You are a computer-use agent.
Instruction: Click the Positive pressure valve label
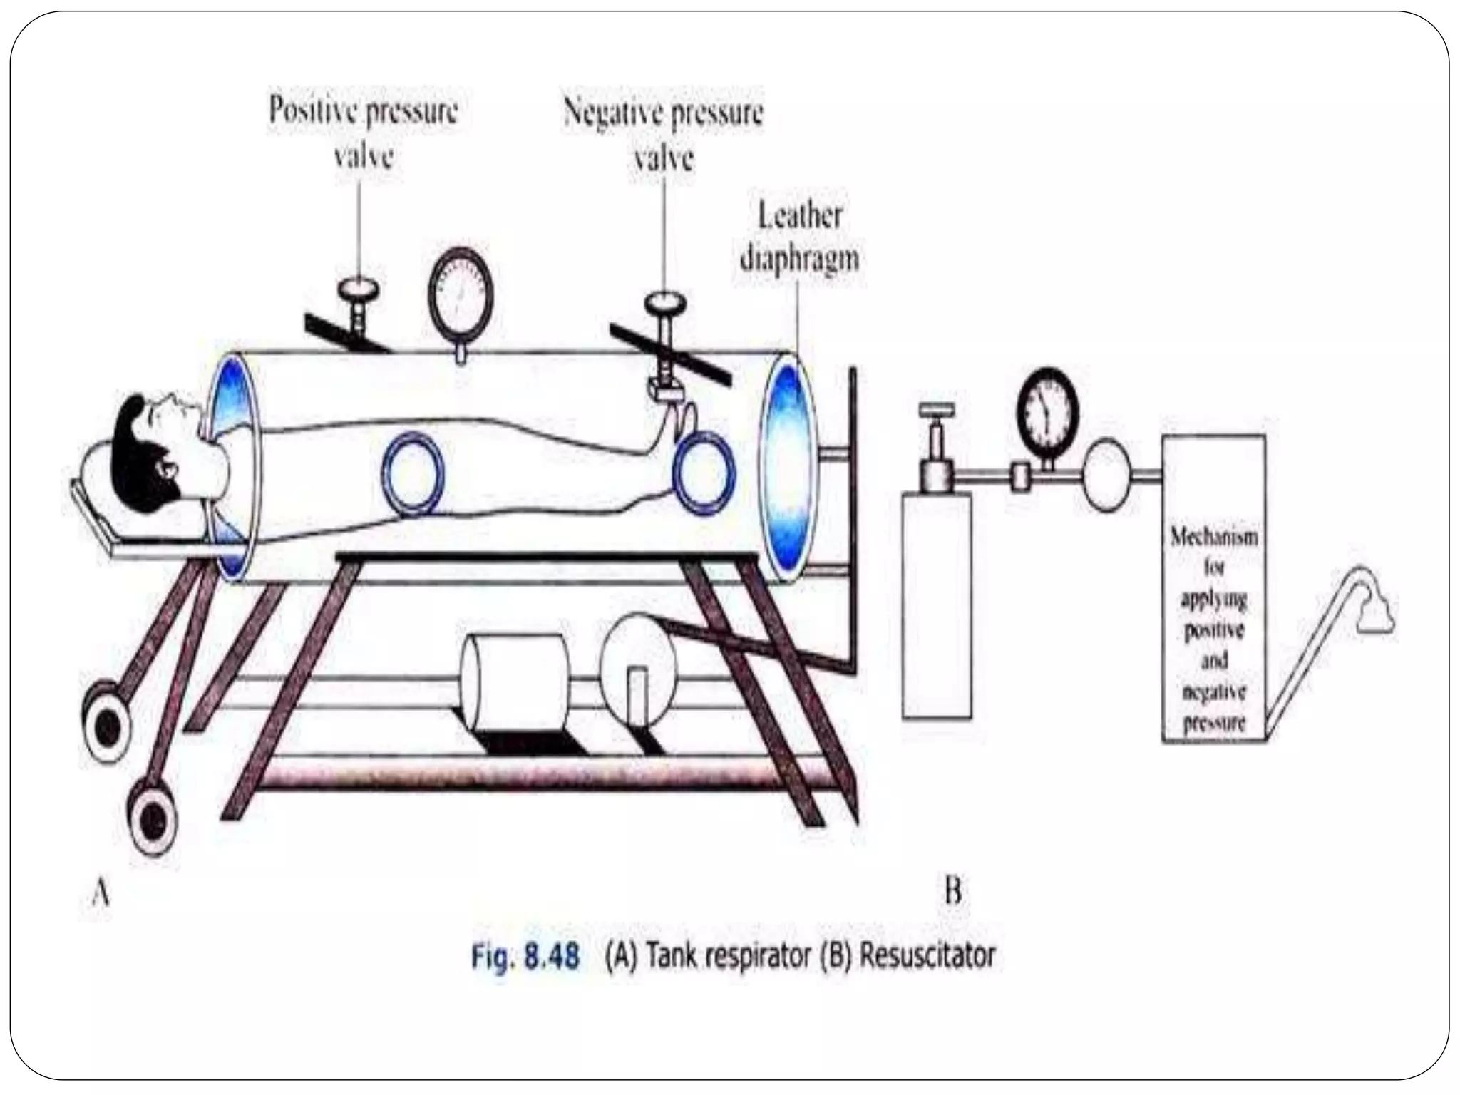pos(364,132)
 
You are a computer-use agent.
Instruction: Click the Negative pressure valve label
pos(663,133)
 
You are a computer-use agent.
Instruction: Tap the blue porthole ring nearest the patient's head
pos(413,473)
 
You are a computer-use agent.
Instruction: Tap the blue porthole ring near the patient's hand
pos(704,471)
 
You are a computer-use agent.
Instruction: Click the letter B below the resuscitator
pos(953,891)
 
